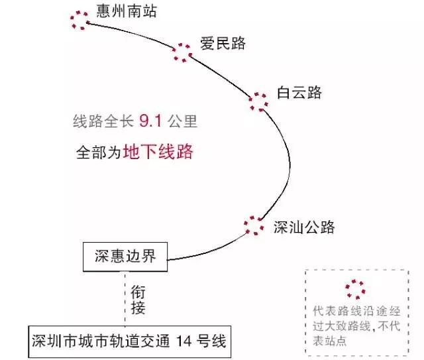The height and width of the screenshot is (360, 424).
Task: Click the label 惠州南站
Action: click(x=127, y=11)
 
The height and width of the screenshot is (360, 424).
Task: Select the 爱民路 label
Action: click(x=223, y=43)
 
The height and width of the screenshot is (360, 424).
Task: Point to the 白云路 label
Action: click(x=299, y=93)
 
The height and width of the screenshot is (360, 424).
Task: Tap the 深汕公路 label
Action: click(x=304, y=227)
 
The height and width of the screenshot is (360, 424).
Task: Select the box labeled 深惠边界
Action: click(x=125, y=257)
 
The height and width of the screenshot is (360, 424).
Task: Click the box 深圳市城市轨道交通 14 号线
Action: click(x=130, y=341)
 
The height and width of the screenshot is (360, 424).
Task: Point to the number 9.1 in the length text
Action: click(x=150, y=121)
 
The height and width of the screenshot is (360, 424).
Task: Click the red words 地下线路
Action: click(x=158, y=152)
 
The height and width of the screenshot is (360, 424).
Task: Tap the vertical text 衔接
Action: click(x=138, y=300)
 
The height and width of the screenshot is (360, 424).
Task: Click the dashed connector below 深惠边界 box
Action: click(x=125, y=298)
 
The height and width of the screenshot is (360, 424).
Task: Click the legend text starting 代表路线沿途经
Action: click(x=356, y=326)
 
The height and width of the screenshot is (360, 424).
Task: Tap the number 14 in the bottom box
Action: click(x=184, y=341)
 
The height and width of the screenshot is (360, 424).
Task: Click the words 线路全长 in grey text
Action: click(x=103, y=121)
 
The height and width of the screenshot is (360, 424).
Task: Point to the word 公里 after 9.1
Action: click(x=183, y=121)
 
